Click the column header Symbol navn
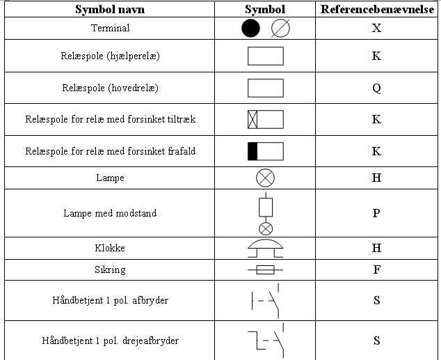click(110, 9)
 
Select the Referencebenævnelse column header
click(377, 9)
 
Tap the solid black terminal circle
click(250, 28)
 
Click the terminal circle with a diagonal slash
click(280, 28)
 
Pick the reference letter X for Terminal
click(376, 28)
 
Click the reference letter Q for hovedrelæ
click(376, 88)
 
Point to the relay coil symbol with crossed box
click(266, 119)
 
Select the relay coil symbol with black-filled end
click(266, 151)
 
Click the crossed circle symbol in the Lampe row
click(265, 178)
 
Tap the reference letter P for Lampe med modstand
click(376, 213)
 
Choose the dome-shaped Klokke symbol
click(266, 249)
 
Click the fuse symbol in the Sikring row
click(266, 270)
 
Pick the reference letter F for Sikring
click(377, 269)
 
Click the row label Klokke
click(110, 248)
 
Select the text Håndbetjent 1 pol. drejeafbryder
click(110, 341)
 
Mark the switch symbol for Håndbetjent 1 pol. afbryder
click(265, 301)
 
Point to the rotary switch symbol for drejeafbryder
click(266, 341)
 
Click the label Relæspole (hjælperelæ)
click(110, 56)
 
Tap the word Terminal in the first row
click(110, 28)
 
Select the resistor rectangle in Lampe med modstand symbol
click(266, 208)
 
